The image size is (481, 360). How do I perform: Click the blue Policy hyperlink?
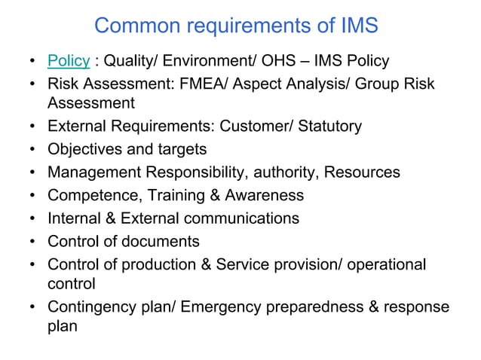pyautogui.click(x=69, y=60)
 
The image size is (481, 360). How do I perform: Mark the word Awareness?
pyautogui.click(x=265, y=196)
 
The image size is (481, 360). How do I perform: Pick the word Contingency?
pyautogui.click(x=97, y=307)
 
